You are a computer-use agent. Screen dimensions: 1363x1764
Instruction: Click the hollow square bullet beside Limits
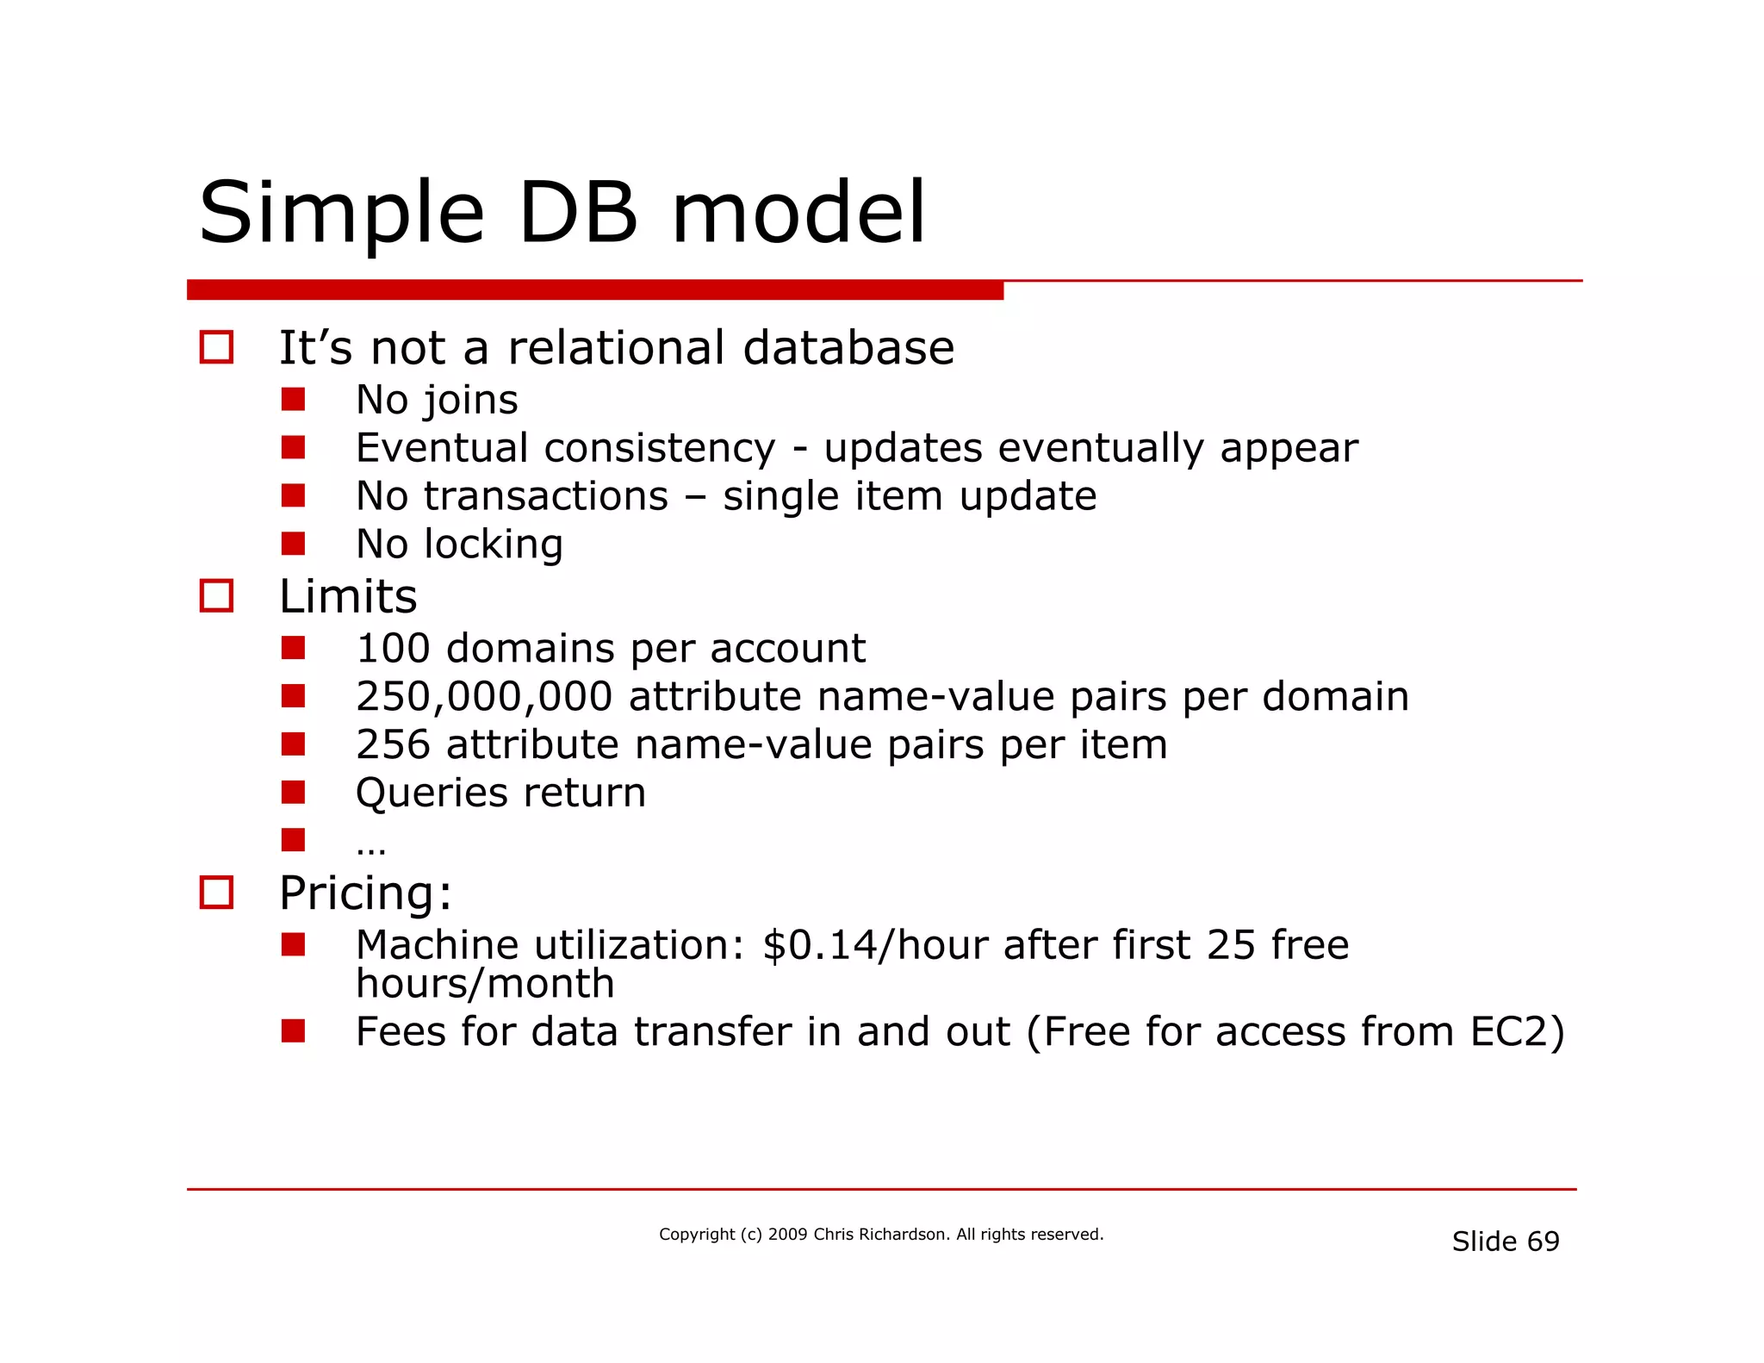click(x=216, y=595)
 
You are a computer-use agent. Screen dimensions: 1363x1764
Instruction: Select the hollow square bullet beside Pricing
click(x=216, y=892)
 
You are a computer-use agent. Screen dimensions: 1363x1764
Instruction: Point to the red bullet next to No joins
click(x=293, y=399)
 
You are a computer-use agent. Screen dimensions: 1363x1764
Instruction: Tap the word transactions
click(x=545, y=496)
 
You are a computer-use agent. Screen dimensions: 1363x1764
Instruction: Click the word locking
click(x=494, y=545)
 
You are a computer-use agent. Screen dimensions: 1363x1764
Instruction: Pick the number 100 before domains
click(x=393, y=648)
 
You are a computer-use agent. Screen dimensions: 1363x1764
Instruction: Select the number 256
click(x=393, y=744)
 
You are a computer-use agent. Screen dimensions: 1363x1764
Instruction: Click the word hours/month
click(x=485, y=984)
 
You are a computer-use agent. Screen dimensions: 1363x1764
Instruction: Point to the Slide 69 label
click(x=1505, y=1242)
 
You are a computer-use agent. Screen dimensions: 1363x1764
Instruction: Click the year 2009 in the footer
click(x=787, y=1235)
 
